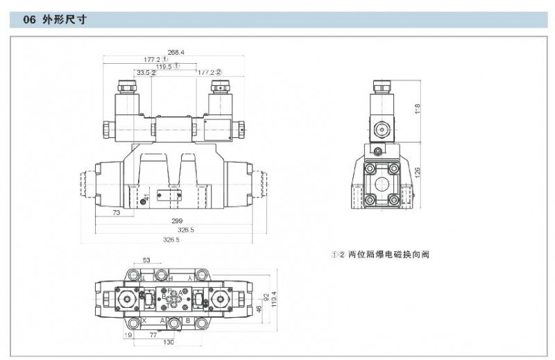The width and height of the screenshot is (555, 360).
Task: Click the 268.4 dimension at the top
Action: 176,52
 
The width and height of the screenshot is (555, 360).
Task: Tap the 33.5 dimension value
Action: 143,72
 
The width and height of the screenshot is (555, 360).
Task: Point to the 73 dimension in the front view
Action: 116,213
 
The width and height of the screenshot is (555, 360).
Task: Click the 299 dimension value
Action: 178,221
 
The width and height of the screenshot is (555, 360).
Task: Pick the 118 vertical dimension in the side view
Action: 417,110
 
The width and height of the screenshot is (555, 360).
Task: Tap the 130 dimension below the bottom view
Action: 168,343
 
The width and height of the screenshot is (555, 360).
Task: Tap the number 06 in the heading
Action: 29,21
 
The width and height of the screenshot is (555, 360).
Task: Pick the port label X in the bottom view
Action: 144,320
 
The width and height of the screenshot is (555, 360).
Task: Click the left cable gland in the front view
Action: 127,88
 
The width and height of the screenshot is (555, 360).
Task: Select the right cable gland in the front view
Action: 219,88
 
